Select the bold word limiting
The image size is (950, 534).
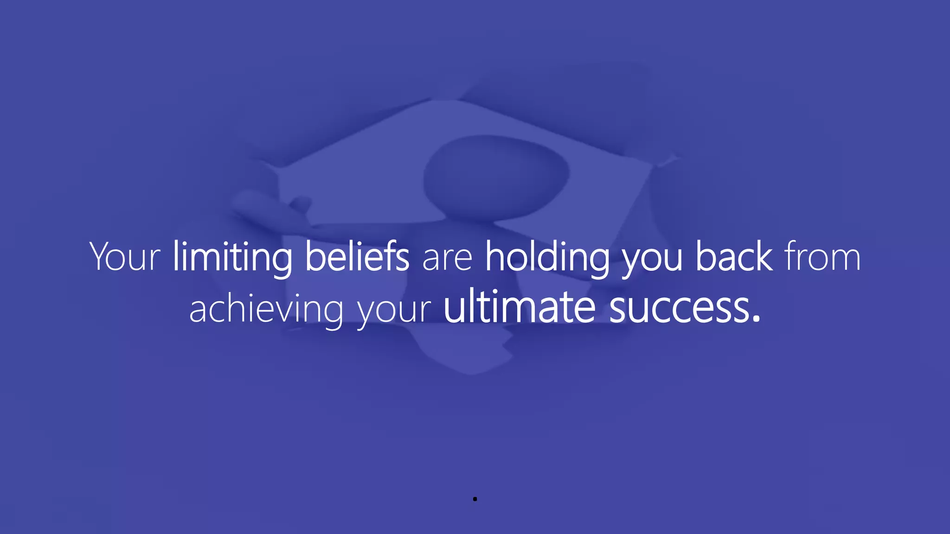(232, 257)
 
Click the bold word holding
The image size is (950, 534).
(547, 257)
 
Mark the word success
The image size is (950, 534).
(680, 309)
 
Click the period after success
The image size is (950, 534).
(757, 318)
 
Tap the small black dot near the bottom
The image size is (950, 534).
(475, 499)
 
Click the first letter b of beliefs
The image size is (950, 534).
(315, 256)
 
